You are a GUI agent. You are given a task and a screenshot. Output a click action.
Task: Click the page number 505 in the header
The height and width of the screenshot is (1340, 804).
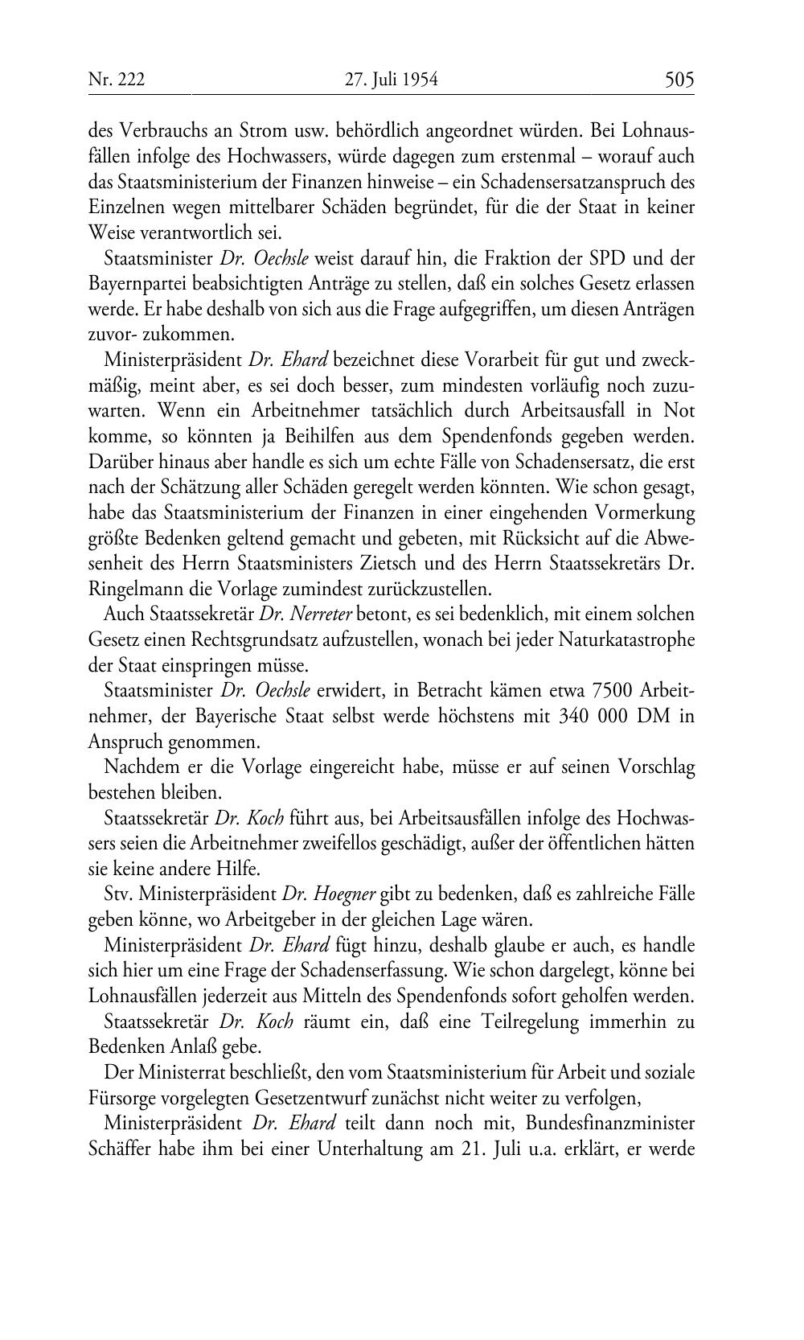(x=679, y=80)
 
